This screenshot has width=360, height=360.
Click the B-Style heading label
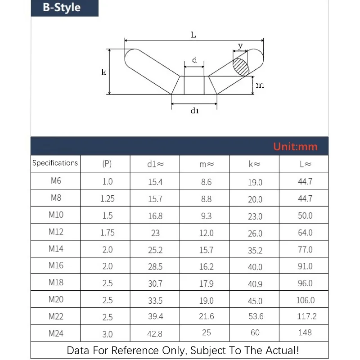[62, 8]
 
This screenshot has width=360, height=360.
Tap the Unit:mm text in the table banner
[295, 147]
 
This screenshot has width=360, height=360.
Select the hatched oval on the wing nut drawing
[241, 67]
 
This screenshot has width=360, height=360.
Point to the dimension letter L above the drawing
[193, 35]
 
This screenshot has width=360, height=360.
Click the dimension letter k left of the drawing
[104, 72]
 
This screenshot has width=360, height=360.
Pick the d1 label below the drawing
[194, 111]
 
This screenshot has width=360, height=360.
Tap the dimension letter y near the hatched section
[240, 45]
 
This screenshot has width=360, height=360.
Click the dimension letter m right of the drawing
[260, 85]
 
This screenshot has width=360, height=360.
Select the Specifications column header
[55, 163]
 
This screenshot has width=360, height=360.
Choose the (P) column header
[107, 164]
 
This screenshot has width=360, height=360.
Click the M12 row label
[56, 232]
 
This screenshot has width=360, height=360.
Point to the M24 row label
[56, 333]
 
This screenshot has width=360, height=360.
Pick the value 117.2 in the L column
[306, 316]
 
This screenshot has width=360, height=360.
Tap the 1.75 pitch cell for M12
[107, 233]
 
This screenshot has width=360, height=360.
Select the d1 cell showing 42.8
[155, 334]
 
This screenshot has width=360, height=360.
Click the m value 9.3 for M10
[206, 216]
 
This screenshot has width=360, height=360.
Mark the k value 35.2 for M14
[255, 250]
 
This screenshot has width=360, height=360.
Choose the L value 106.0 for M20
[306, 300]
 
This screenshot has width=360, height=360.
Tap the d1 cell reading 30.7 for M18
[155, 283]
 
